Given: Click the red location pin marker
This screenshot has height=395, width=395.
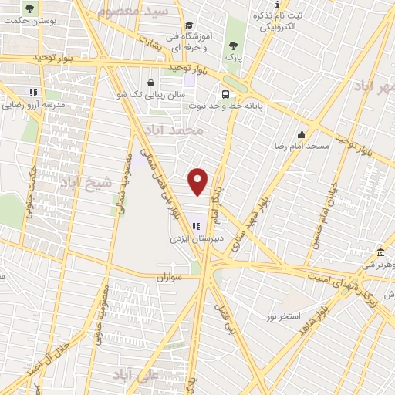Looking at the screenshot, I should (x=199, y=181).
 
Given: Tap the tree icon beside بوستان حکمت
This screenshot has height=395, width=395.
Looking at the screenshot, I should (x=29, y=9).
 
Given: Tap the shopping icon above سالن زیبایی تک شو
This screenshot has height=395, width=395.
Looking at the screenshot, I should (x=150, y=82).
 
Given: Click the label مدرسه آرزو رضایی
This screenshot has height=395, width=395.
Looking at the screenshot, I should (x=32, y=104).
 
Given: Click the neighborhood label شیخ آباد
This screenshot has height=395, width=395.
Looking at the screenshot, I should (x=86, y=182).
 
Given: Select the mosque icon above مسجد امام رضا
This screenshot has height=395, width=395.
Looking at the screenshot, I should (x=303, y=133).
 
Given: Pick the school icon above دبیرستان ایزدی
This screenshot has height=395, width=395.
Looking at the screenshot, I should (x=196, y=227).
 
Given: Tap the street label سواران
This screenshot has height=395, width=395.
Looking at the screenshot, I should (x=172, y=276).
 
